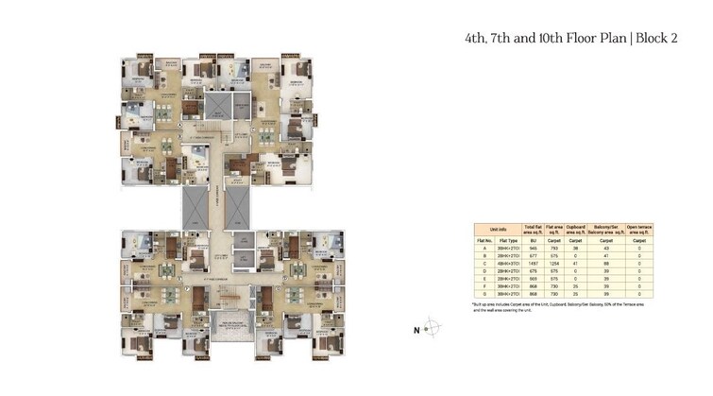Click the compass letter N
[415, 330]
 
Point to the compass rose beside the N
[431, 330]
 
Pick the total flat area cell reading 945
[534, 249]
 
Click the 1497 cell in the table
[534, 263]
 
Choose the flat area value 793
[557, 249]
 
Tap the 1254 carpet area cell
[557, 263]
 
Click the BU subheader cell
[534, 241]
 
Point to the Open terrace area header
[639, 230]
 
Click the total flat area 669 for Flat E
[534, 278]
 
